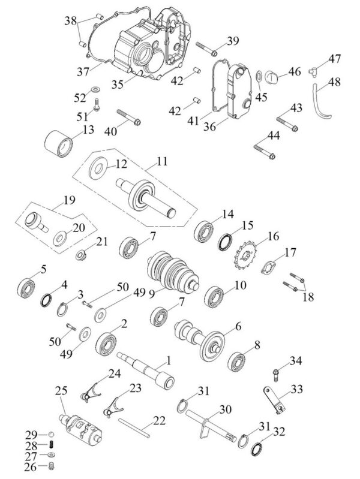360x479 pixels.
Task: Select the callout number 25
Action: click(60, 390)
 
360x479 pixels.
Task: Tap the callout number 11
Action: click(162, 161)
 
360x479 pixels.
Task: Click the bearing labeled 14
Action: click(204, 230)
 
